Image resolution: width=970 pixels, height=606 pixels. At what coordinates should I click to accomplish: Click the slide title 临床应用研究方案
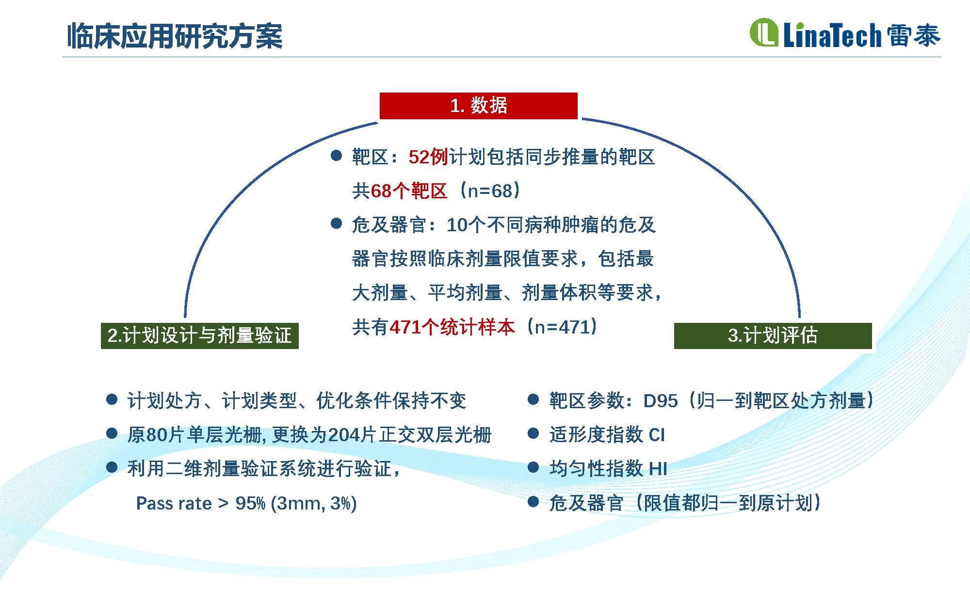tap(175, 35)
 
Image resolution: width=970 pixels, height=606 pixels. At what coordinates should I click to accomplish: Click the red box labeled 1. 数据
tap(478, 106)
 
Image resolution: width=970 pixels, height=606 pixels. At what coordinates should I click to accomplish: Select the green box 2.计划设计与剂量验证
tap(200, 335)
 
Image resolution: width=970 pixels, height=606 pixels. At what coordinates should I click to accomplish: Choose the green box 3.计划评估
tap(773, 335)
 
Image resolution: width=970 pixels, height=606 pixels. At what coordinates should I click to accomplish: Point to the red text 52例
tap(428, 157)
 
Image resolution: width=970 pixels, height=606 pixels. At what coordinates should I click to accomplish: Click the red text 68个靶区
tap(409, 191)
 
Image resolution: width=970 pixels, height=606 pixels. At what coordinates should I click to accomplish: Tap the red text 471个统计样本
tap(452, 327)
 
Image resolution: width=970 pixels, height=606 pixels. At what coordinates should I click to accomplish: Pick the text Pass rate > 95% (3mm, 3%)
tap(246, 503)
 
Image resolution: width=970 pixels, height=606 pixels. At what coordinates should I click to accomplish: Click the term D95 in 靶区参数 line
tap(661, 401)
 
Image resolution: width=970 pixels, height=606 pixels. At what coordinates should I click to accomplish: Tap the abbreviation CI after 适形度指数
tap(657, 435)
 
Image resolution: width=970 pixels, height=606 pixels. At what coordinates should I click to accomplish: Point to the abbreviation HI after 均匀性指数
tap(658, 469)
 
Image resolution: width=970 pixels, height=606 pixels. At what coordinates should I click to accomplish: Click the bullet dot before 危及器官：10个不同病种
tap(336, 223)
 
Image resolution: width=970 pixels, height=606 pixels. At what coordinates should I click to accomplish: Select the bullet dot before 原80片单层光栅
tap(112, 433)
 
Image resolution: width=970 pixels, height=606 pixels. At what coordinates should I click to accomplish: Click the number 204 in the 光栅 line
tap(344, 435)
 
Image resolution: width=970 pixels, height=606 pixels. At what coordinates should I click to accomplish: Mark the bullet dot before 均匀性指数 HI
tap(533, 467)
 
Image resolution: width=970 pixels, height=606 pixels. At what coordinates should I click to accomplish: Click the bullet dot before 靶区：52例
tap(336, 156)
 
